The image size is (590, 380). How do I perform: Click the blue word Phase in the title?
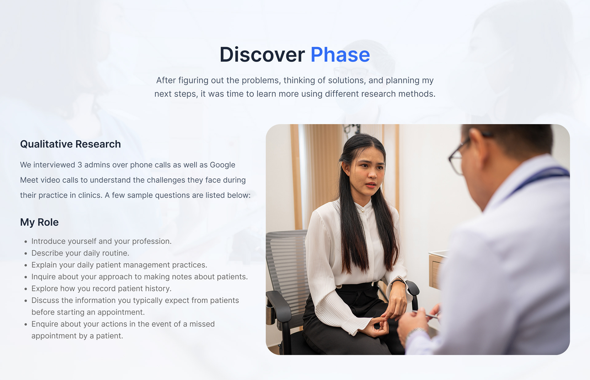(x=340, y=55)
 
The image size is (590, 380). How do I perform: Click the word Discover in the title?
(x=262, y=55)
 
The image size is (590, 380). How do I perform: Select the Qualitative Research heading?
(x=70, y=144)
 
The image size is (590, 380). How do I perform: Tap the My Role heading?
(x=39, y=222)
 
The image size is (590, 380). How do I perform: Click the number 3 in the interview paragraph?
(x=80, y=165)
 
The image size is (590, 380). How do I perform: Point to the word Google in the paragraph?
(x=222, y=165)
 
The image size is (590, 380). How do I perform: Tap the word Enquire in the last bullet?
(x=44, y=324)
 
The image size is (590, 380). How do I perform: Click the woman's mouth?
(x=370, y=185)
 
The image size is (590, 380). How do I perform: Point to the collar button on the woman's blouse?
(x=363, y=211)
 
